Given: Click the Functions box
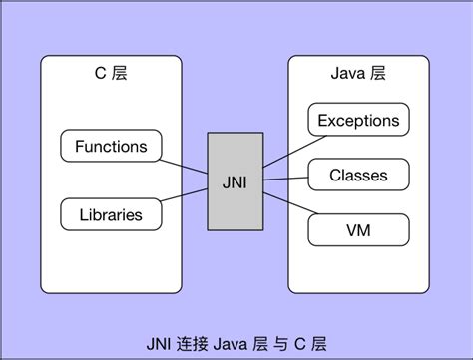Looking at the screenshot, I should click(111, 147).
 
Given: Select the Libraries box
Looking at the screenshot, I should click(111, 213).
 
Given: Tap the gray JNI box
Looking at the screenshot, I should click(236, 180).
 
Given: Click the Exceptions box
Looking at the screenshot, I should click(358, 121).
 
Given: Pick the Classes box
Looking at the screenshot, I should click(358, 176).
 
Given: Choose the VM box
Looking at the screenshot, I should click(358, 230).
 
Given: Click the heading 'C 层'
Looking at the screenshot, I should click(110, 75).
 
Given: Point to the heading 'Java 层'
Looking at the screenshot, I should click(357, 75).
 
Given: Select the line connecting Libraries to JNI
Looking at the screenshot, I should click(184, 202).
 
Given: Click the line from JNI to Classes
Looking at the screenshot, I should click(285, 180).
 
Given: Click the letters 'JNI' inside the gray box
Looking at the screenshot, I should click(236, 181).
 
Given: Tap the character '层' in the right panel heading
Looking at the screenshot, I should click(378, 75).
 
